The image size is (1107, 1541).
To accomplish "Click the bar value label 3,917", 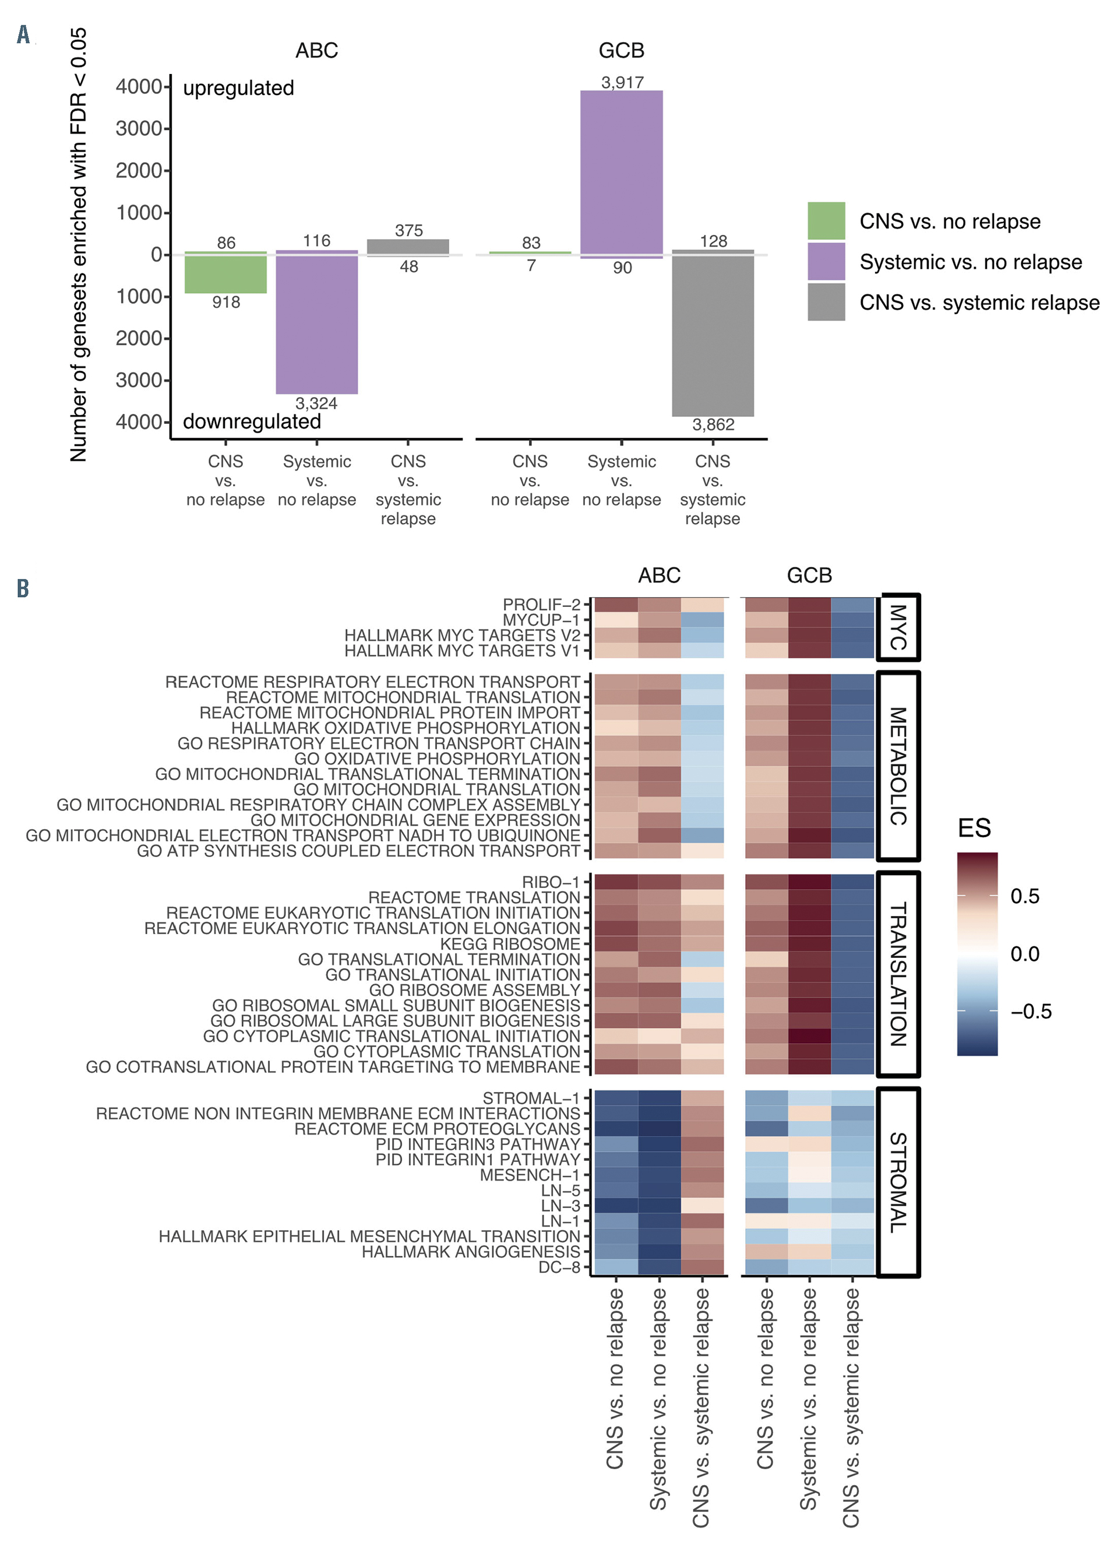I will click(622, 82).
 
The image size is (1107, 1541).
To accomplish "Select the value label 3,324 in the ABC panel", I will click(316, 403).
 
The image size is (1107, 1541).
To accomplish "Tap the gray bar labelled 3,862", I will click(713, 333).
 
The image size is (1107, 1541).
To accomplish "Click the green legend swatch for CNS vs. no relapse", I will click(826, 221).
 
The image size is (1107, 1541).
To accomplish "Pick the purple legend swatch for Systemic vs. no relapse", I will click(826, 262).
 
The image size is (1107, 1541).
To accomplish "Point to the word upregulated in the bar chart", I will click(238, 88).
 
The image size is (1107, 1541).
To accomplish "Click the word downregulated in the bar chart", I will click(252, 422).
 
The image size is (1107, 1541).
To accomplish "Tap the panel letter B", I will click(23, 588).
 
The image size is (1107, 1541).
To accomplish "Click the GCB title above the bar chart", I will click(622, 50).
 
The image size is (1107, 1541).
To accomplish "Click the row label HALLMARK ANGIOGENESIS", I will click(471, 1252).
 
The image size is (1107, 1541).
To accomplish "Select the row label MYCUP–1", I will click(541, 620).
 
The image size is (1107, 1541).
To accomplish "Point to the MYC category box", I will click(898, 627).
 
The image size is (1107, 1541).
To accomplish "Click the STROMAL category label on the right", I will click(898, 1182).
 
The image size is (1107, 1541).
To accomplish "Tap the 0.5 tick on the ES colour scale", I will click(1024, 896).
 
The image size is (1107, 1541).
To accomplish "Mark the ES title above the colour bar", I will click(974, 829).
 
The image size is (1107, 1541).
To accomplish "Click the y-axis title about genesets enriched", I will click(79, 245).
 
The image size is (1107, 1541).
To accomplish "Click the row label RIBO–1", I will click(551, 882).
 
